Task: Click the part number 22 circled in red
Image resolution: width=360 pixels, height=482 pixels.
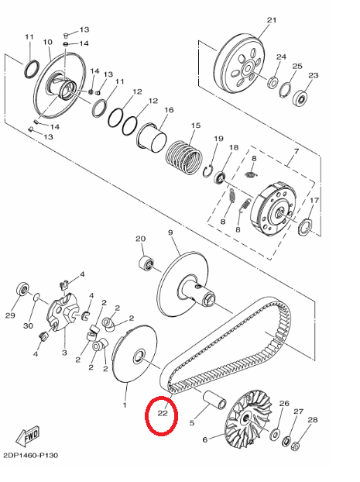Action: [x=163, y=413]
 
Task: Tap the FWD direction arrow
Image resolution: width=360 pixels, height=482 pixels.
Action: [x=28, y=436]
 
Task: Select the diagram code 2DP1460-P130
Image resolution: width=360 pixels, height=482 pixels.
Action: [x=30, y=455]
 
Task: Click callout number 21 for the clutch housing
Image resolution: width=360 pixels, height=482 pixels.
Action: [x=272, y=20]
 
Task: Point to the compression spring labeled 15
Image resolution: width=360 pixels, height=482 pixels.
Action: [x=184, y=157]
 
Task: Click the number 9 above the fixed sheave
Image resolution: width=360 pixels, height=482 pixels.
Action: [x=170, y=232]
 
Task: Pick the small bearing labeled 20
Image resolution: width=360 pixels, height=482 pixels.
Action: [x=146, y=263]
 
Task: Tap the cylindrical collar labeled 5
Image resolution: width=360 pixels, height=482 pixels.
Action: [x=214, y=401]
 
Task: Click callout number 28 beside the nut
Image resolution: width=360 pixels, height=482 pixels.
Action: [x=313, y=419]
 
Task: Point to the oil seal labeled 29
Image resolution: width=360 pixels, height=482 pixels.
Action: [x=22, y=288]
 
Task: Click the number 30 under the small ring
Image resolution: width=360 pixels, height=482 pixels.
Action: [x=28, y=325]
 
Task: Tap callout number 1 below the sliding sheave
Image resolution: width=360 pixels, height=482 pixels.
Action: [x=125, y=405]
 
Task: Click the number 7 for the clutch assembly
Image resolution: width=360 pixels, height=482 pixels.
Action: [x=297, y=151]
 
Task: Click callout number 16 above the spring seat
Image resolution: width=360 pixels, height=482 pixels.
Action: [x=169, y=110]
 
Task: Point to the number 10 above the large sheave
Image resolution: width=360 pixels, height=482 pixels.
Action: [x=47, y=42]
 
